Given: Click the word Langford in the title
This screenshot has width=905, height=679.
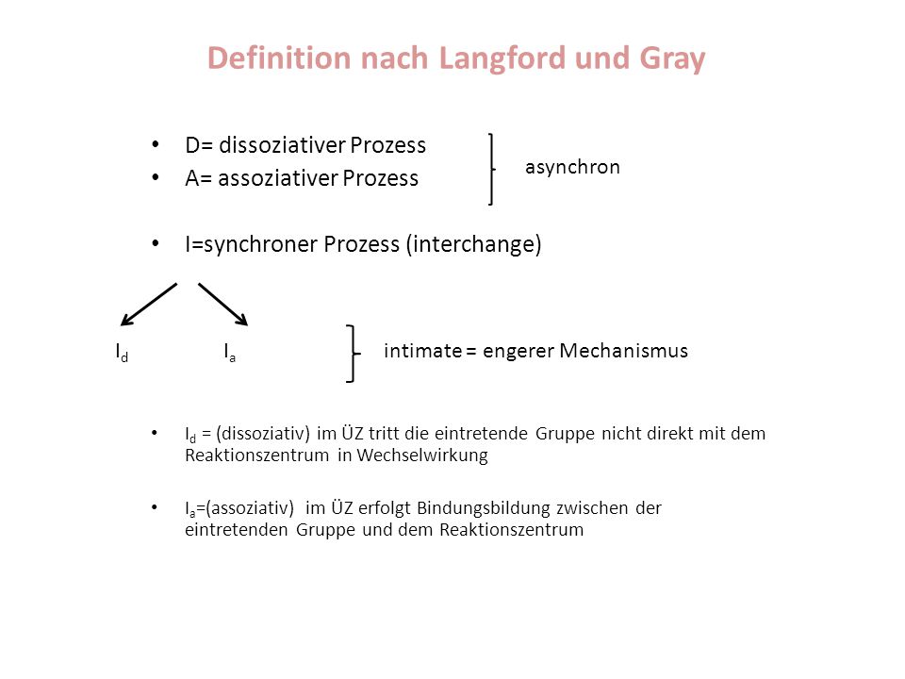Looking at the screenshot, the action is tap(502, 59).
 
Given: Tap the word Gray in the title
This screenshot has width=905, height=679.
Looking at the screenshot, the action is tap(672, 59).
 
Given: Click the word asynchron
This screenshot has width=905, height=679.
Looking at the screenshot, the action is tap(572, 168).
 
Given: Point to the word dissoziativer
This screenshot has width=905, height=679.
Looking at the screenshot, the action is tap(282, 145).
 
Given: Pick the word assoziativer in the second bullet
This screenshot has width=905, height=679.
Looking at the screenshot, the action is tap(277, 178).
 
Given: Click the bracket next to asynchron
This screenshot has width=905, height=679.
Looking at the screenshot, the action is tap(492, 169).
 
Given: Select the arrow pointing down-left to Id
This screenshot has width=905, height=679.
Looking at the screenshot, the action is tap(148, 305).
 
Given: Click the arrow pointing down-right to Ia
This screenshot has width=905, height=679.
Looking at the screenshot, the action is tap(223, 305).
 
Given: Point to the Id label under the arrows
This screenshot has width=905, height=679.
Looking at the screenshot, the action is tap(122, 352).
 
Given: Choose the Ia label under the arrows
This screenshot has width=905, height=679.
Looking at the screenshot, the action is tap(230, 352).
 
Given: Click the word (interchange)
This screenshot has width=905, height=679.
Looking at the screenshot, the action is tap(474, 244).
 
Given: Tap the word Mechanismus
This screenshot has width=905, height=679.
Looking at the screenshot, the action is tap(623, 351).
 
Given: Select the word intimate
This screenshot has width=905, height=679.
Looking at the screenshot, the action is tap(422, 351).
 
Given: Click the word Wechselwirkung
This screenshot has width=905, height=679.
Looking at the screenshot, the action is tap(422, 455).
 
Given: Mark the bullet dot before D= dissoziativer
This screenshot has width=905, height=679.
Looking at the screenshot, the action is tap(156, 143).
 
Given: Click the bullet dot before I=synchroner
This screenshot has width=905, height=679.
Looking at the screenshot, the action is tap(156, 243).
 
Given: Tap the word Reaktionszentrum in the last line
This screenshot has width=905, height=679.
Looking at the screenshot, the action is tap(511, 529).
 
